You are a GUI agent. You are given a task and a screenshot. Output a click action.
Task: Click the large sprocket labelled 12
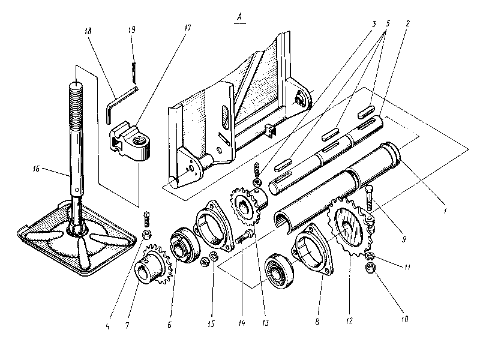(349, 232)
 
